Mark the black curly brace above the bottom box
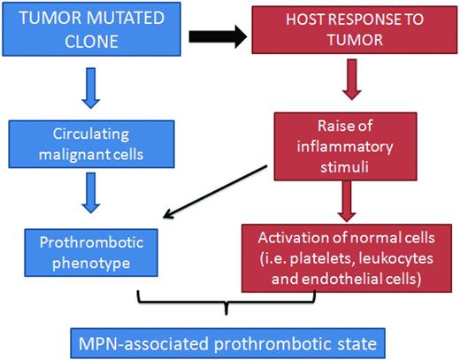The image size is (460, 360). (229, 302)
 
